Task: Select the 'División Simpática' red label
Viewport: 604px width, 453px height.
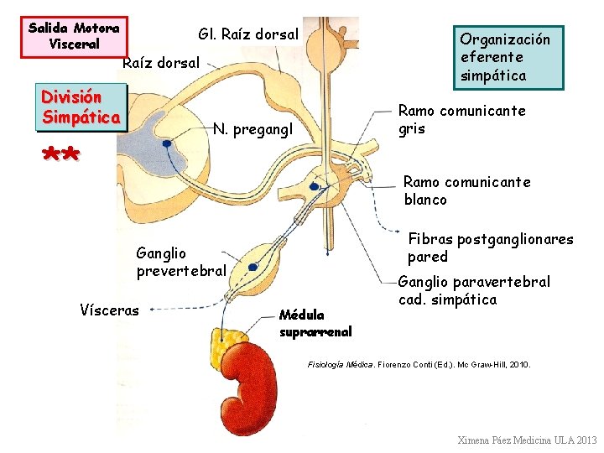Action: [x=81, y=107]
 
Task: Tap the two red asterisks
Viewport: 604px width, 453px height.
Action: [x=60, y=155]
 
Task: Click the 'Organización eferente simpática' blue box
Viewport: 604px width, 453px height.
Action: [x=506, y=57]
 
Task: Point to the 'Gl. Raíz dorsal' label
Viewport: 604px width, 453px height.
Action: [x=247, y=34]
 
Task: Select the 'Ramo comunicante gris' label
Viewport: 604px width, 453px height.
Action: [x=461, y=119]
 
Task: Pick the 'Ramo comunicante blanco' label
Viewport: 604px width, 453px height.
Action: [x=466, y=190]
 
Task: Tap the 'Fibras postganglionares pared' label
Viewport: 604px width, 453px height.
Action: [x=490, y=247]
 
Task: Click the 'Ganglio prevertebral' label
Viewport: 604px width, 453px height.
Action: [x=181, y=262]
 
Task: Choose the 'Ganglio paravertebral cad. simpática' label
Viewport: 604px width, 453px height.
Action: [x=474, y=290]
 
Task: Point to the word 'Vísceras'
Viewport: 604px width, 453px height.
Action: [x=109, y=310]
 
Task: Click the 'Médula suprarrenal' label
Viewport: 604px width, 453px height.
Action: [x=315, y=323]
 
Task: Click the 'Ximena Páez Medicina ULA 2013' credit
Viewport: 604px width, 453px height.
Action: [x=527, y=440]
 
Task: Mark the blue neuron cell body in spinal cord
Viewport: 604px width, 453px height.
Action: [x=168, y=143]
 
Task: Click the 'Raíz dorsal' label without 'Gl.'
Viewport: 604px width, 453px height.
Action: [x=161, y=62]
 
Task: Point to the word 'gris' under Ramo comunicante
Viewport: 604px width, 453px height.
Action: [x=412, y=128]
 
